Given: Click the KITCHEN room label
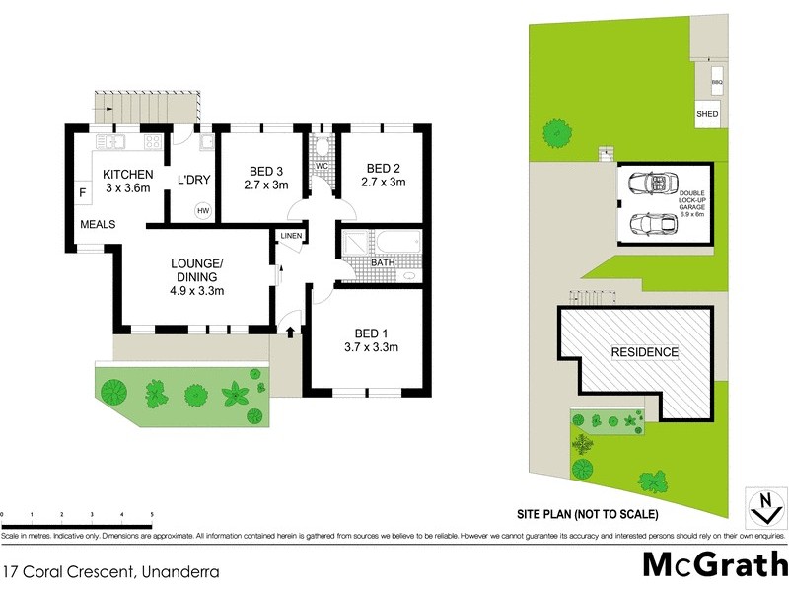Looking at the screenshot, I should [x=127, y=174].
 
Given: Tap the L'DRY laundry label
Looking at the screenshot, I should [x=189, y=180].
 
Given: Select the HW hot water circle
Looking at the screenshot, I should [x=203, y=210].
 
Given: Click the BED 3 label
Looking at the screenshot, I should [x=265, y=168].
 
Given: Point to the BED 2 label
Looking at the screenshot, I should [x=384, y=168].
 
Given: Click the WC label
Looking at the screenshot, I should [x=321, y=167].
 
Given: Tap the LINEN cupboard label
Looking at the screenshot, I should [x=291, y=236].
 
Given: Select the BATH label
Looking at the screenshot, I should [x=384, y=263].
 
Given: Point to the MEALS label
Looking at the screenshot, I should [x=99, y=224].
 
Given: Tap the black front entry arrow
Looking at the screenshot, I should [x=290, y=333].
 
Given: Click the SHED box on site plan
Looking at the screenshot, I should [x=707, y=114].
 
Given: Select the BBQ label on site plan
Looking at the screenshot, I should [x=717, y=82].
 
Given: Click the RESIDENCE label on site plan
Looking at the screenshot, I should [x=645, y=352].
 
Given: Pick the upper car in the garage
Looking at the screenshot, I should [x=648, y=184].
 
